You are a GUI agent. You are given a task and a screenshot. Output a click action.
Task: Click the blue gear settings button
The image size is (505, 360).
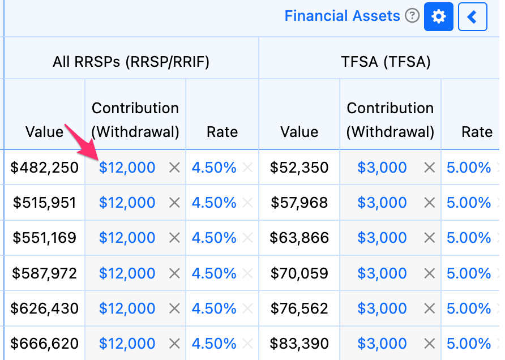438,16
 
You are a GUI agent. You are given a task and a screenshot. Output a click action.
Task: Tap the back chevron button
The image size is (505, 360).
473,16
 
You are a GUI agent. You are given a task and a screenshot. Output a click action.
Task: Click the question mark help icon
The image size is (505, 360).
412,15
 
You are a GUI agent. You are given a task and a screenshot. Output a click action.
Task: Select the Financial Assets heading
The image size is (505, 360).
342,16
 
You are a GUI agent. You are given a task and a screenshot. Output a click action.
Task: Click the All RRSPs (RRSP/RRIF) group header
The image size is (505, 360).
131,62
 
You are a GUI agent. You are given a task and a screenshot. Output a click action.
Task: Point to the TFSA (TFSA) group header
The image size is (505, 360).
386,62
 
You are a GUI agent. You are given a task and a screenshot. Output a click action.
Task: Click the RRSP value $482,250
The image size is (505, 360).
45,168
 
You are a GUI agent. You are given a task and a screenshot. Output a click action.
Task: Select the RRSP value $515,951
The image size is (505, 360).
45,203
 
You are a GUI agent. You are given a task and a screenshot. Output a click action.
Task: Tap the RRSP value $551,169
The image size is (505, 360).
45,238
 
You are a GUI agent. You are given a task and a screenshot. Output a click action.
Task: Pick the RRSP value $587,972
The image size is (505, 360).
45,273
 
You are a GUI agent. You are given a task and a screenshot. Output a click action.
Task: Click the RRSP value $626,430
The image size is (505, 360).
45,308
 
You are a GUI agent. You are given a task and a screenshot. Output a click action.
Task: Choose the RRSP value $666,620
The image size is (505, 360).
45,343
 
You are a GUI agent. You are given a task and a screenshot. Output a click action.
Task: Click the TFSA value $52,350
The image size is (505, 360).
299,168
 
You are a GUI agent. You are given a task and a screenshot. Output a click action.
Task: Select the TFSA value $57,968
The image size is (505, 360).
299,203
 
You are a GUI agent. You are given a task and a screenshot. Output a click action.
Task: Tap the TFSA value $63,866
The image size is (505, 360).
299,238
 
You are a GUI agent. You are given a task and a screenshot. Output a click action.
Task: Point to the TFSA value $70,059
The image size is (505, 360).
299,273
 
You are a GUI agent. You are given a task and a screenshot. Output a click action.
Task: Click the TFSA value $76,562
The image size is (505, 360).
299,308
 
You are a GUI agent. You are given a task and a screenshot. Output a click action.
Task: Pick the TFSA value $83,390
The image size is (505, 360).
299,343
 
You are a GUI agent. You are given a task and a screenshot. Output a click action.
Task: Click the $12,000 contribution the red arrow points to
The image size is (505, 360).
127,168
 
